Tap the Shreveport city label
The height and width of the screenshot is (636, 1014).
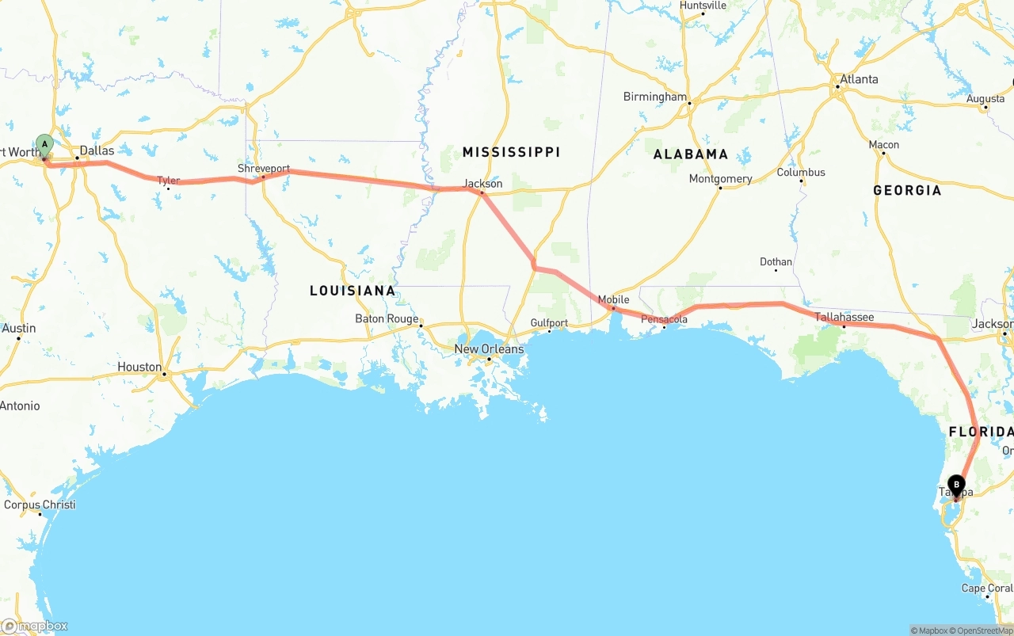(264, 169)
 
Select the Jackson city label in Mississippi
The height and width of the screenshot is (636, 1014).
(483, 184)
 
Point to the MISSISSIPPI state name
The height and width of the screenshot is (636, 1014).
(511, 152)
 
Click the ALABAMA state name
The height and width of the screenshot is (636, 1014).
(690, 154)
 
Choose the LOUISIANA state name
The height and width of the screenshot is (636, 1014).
(353, 291)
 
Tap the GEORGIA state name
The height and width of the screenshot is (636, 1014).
(907, 190)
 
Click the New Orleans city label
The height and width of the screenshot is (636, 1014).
(489, 349)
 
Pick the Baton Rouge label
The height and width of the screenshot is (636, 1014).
(387, 319)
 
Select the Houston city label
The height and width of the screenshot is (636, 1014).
(139, 367)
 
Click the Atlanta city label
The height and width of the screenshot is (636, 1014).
(859, 79)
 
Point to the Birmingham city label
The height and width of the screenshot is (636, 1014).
(655, 97)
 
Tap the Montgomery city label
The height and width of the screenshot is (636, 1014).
(720, 179)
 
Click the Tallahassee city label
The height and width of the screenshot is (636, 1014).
(844, 318)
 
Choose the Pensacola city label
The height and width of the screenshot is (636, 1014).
(664, 319)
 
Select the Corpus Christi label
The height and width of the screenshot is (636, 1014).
(40, 505)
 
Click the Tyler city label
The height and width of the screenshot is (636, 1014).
(168, 181)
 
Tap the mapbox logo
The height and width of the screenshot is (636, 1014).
(35, 626)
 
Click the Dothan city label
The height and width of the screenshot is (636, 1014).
(776, 262)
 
